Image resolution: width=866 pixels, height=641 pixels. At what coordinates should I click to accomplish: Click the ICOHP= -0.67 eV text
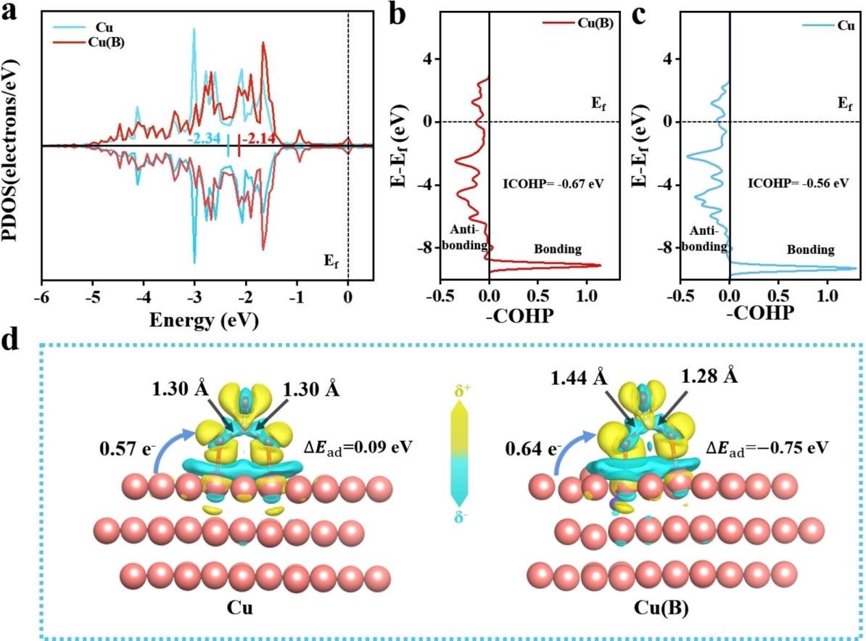(553, 184)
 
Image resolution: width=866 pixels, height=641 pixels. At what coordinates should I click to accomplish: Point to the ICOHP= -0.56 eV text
(798, 184)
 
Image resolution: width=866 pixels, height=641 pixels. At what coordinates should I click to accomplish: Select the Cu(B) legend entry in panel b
(595, 22)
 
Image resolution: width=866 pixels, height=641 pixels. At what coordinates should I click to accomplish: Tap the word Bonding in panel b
(558, 249)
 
